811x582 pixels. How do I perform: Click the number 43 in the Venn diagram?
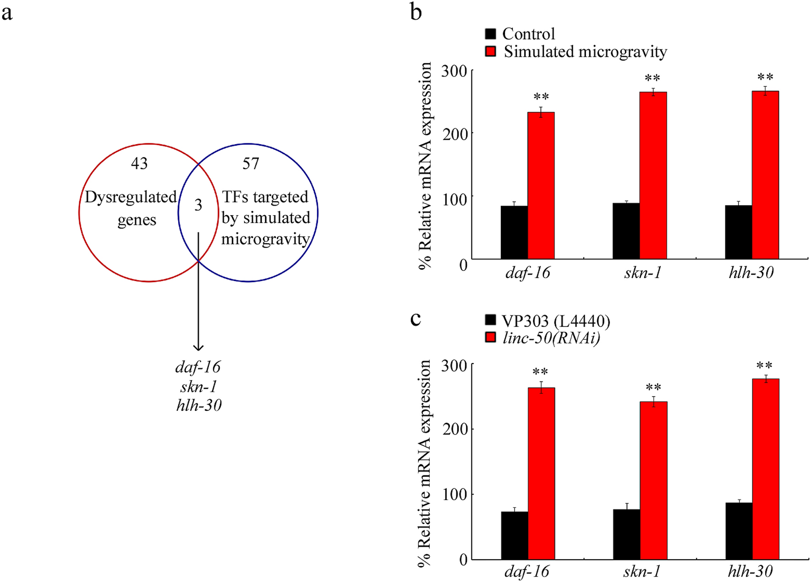139,163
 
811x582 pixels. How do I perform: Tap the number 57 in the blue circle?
251,163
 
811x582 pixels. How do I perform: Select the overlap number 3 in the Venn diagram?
198,205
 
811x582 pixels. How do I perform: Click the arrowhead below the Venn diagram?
198,347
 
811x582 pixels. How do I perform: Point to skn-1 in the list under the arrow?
198,387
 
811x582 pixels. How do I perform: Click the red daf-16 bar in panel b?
541,185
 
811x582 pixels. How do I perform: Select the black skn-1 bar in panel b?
626,231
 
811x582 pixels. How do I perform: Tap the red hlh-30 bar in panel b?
765,175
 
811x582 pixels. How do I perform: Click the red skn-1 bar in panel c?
653,481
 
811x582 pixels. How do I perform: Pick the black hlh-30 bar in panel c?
739,531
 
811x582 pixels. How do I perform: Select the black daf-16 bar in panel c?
514,536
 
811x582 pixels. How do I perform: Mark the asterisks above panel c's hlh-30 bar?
764,366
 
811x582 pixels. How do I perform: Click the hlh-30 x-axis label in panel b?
751,273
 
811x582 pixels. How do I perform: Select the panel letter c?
415,319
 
